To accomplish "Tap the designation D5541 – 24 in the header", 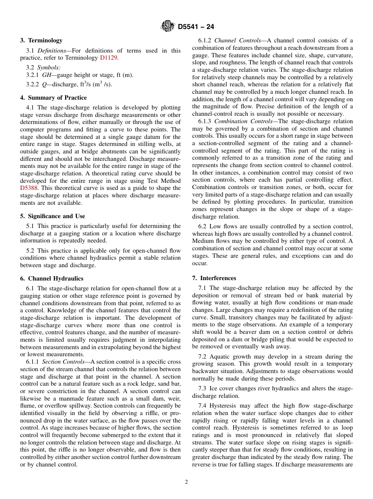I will tap(196, 27).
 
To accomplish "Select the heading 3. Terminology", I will tap(41, 40).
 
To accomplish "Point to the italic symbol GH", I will tap(47, 75).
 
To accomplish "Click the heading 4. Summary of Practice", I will tap(53, 98).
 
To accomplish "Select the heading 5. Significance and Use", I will tap(53, 216).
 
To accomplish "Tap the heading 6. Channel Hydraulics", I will tap(52, 279).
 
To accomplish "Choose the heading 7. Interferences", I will tap(214, 278).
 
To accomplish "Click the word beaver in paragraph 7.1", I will tap(244, 332).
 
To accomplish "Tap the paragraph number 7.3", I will tap(203, 388).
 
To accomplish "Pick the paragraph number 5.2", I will tap(31, 251).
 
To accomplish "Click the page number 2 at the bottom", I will tap(186, 482).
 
